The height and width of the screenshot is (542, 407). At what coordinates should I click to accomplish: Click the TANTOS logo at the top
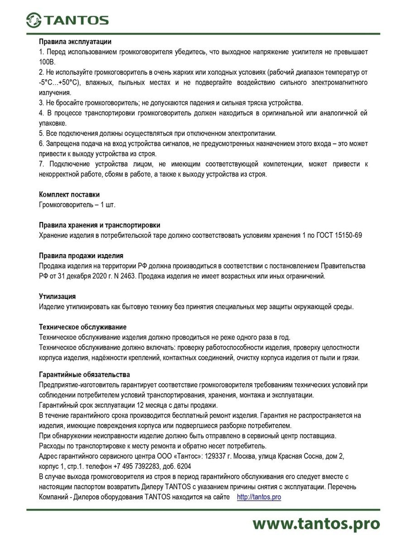pos(67,20)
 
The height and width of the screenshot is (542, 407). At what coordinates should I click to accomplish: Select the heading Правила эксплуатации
pos(75,41)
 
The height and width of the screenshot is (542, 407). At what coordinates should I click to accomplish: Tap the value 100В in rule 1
pos(47,62)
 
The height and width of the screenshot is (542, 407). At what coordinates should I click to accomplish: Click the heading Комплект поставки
pos(69,194)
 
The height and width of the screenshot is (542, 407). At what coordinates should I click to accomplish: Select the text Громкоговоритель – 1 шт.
pos(77,205)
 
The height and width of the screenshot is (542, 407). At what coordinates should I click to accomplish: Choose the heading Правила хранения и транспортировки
pos(99,225)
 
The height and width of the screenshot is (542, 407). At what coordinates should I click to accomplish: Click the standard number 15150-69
pos(348,235)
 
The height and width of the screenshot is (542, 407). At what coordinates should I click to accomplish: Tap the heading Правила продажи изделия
pos(81,256)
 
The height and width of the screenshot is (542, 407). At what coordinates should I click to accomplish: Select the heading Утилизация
pos(57,296)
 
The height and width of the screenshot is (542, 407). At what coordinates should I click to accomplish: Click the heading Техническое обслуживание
pos(83,327)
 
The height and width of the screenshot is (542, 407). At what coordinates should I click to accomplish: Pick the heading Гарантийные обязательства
pos(84,374)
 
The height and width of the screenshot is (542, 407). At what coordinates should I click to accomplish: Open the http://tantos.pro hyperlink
pos(259,497)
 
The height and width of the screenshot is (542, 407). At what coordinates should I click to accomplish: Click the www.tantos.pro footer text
pos(316,524)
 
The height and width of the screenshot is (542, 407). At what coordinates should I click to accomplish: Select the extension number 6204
pos(184,466)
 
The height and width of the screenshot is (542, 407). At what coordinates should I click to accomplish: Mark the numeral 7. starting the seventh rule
pos(42,164)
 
